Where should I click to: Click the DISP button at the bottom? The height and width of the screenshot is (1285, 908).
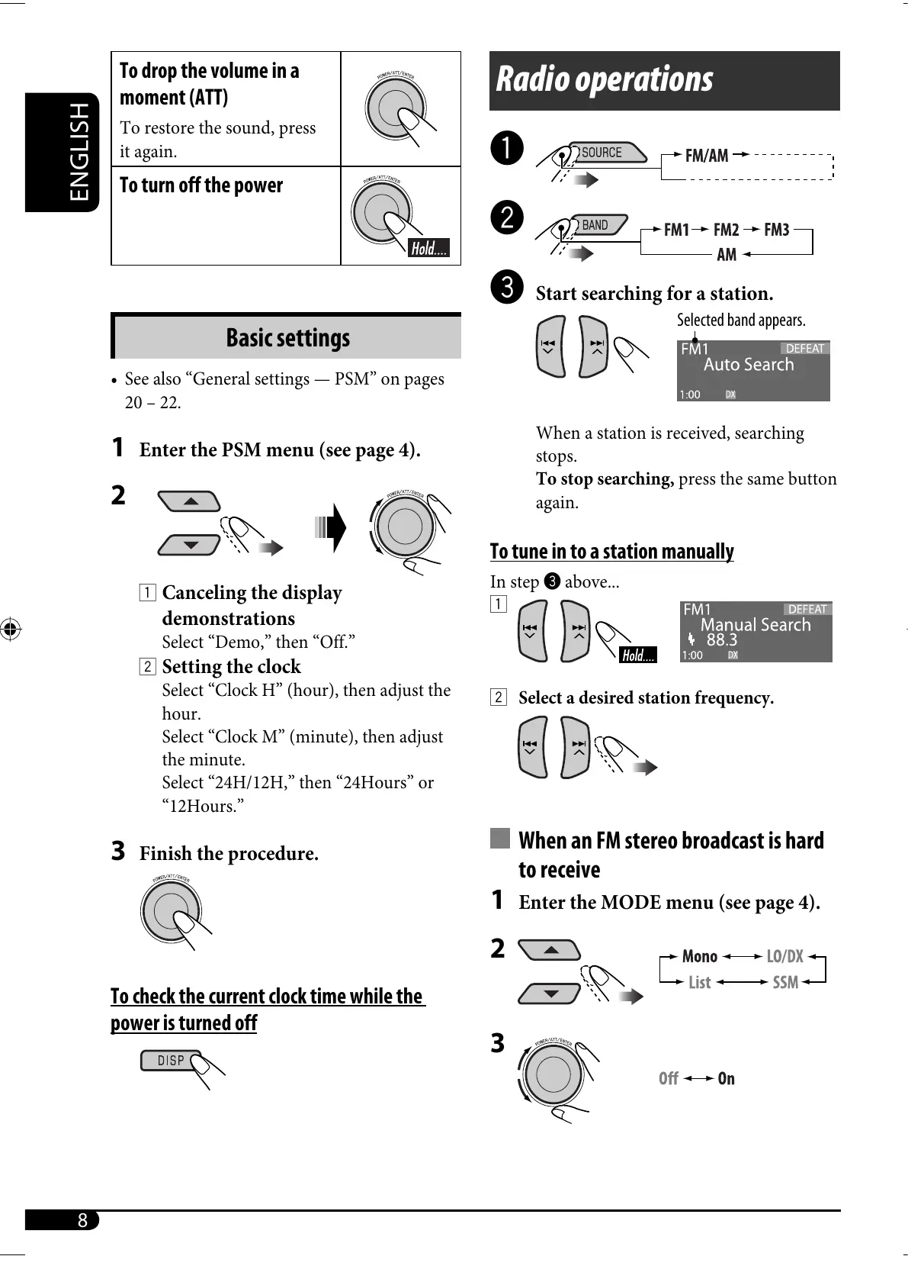point(171,1060)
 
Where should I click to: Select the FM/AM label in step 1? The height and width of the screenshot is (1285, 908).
point(706,156)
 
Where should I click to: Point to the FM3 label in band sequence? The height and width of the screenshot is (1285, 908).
point(776,230)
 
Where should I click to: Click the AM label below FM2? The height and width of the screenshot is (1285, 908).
point(726,255)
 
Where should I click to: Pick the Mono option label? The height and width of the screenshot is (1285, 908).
point(699,956)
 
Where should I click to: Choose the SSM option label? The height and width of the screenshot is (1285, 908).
point(784,982)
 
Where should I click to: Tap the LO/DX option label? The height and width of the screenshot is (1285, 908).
point(784,956)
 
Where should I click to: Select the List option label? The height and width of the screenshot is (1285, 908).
point(699,982)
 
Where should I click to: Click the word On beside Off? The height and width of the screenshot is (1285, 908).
point(726,1078)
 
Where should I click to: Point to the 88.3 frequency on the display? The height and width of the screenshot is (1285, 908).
point(721,640)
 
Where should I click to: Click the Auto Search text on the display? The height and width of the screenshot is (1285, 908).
point(748,365)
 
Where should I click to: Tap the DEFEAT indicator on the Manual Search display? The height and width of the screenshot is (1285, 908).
point(807,609)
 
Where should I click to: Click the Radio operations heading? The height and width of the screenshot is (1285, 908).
point(605,79)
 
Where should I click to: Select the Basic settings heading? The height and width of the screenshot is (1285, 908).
point(287,337)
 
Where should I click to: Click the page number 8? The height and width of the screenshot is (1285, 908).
point(82,1220)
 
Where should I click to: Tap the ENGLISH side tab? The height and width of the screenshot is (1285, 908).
point(79,152)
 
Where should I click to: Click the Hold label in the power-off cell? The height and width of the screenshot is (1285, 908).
point(429,248)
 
